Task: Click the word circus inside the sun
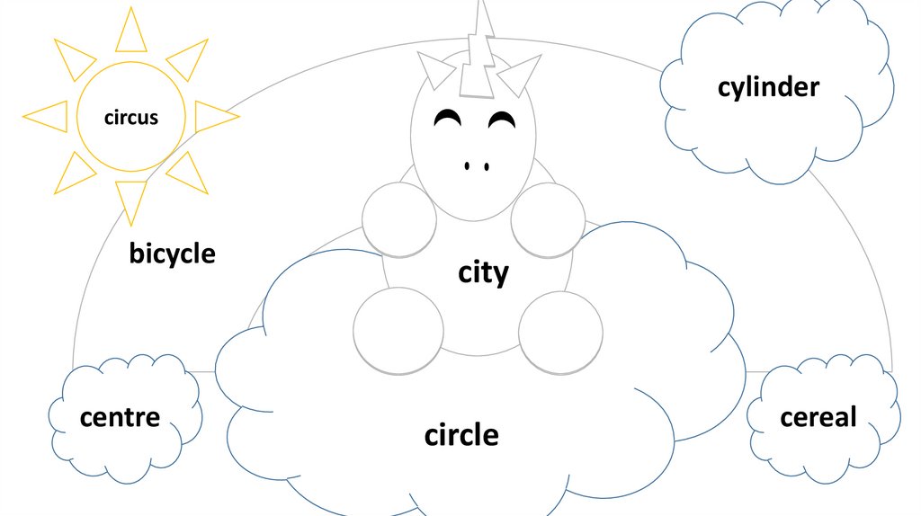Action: coord(131,117)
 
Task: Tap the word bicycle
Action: coord(172,254)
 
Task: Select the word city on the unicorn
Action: coord(483,272)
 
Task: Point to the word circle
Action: coord(461,436)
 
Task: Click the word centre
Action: coord(120,417)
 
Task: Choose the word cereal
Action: coord(818,417)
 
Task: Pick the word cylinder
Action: coord(768,87)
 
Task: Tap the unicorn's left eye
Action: coord(446,119)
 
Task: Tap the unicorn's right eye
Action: coord(502,119)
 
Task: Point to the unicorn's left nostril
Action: coord(467,166)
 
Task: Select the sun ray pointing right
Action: coord(213,117)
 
